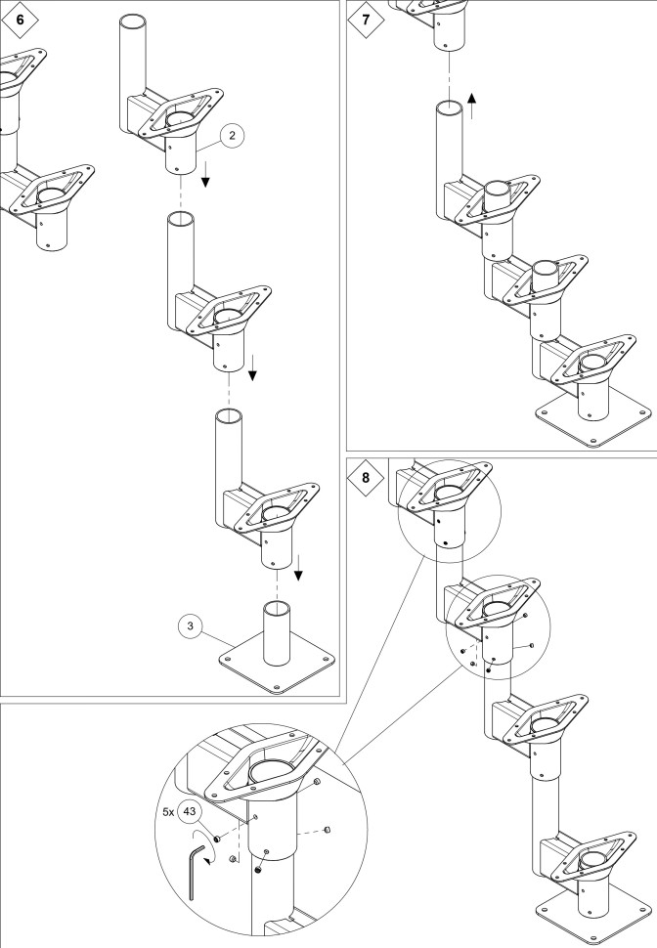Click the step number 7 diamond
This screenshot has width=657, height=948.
(x=365, y=19)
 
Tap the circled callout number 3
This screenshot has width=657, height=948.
(x=192, y=623)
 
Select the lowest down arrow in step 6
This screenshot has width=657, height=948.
(x=298, y=565)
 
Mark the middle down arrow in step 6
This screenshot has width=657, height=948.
(x=253, y=366)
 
